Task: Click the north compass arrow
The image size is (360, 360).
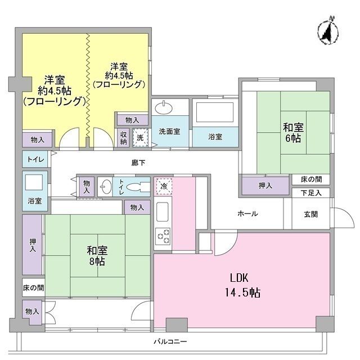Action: tap(328, 30)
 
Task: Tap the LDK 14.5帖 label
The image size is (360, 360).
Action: tap(242, 285)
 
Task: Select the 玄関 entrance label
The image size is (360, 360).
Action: tap(311, 214)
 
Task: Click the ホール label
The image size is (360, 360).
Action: tap(247, 214)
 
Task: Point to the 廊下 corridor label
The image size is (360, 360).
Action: tap(138, 163)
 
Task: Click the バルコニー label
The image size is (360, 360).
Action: tap(170, 341)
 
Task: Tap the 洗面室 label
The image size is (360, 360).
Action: tap(169, 131)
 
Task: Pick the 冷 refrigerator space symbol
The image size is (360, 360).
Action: tap(164, 186)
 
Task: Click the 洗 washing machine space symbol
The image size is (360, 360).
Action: tap(140, 137)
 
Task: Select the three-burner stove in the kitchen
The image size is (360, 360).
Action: tap(163, 236)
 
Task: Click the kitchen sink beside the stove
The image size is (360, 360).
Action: tap(163, 211)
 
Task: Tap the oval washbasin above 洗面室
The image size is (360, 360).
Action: tap(164, 108)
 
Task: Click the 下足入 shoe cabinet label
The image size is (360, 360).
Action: tap(311, 193)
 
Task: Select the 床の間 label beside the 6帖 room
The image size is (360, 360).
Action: tap(311, 179)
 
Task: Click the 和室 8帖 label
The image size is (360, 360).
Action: tap(97, 256)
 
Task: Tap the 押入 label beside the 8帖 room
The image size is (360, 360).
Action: tap(33, 245)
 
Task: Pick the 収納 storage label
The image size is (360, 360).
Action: tap(124, 138)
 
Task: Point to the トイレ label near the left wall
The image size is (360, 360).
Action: tap(35, 159)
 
